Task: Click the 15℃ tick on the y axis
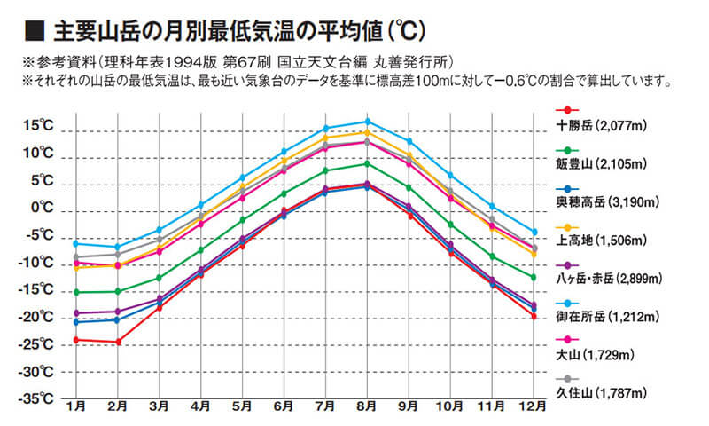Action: (x=40, y=126)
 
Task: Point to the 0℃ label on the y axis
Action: (x=42, y=208)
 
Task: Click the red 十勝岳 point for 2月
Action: (x=117, y=342)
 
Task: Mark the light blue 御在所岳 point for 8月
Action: (x=368, y=122)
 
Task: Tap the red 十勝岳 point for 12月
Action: (x=534, y=316)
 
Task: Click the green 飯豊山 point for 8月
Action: (x=368, y=163)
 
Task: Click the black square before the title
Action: (x=35, y=32)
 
